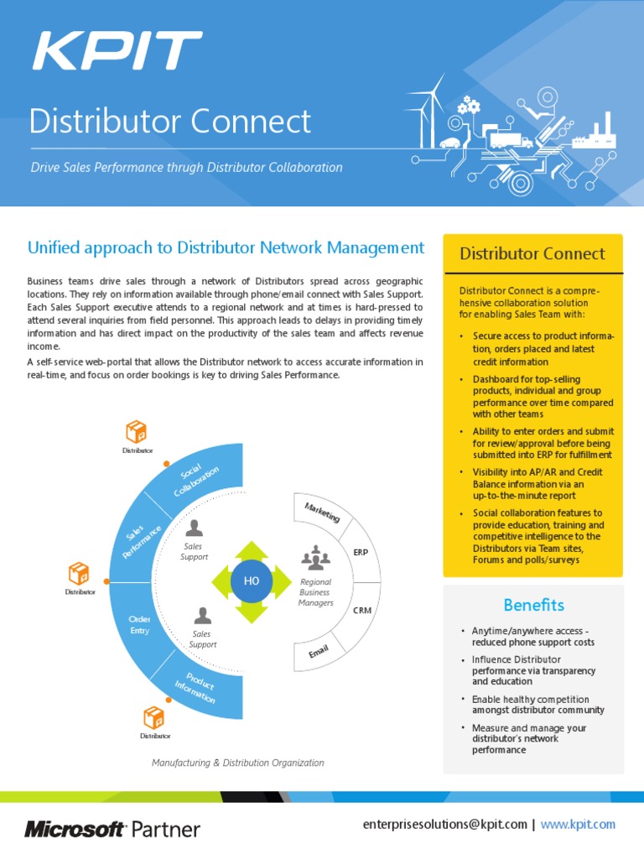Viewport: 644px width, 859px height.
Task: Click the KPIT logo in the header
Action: (117, 51)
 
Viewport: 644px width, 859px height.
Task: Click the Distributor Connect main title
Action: (170, 121)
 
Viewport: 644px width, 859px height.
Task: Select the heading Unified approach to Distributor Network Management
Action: (226, 247)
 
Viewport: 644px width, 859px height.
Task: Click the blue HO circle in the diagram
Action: (252, 581)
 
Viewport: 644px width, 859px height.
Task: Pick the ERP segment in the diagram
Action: (361, 553)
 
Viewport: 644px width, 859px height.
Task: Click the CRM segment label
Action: (362, 610)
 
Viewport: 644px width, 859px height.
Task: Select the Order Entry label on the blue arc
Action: (139, 624)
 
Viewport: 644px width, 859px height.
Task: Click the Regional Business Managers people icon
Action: (315, 557)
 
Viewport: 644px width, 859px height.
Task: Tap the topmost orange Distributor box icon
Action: (136, 432)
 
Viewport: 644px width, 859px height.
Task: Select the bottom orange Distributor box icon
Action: (154, 717)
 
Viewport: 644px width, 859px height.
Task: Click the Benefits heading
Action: (533, 605)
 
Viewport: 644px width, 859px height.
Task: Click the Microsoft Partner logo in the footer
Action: (112, 830)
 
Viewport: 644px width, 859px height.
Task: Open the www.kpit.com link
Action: (578, 825)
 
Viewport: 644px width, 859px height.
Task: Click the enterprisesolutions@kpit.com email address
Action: (444, 825)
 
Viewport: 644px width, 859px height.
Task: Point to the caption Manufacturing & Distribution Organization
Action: (237, 763)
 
